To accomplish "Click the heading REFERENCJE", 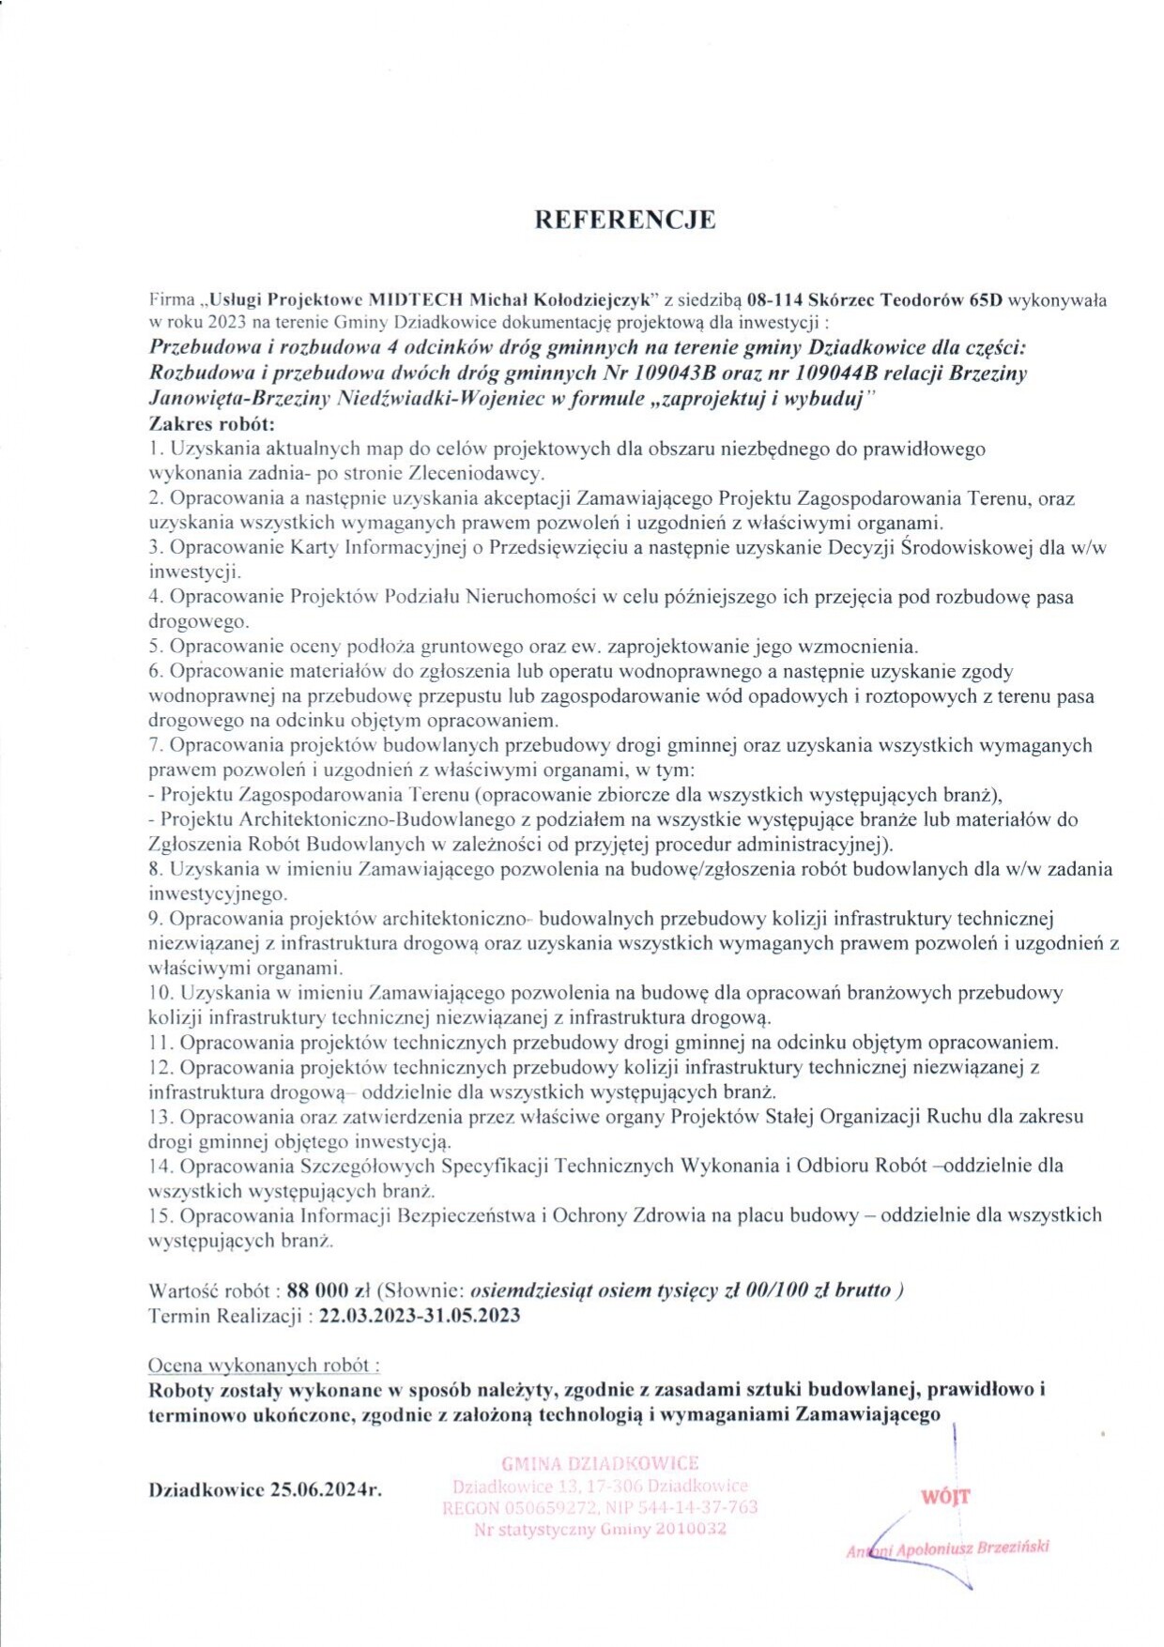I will click(x=624, y=220).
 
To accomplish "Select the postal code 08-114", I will click(x=774, y=300).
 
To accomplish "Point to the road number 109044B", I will click(x=845, y=373).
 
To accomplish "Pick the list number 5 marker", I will click(x=155, y=647).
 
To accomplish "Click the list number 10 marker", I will click(x=161, y=993).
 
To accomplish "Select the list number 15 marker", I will click(x=161, y=1215).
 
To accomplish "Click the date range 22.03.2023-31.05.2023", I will click(x=420, y=1316).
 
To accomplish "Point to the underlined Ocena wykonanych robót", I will click(x=264, y=1365).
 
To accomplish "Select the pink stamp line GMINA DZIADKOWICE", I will click(x=600, y=1463).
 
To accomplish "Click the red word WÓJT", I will click(x=945, y=1497).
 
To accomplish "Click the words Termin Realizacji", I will click(x=225, y=1316).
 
